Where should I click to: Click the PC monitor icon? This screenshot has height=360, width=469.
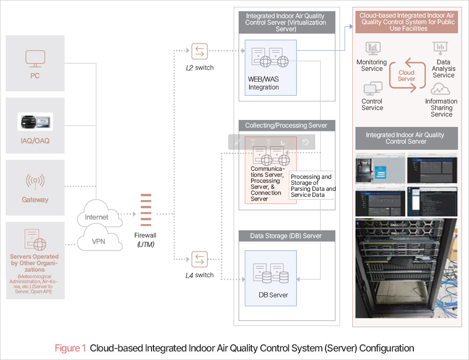[35, 58]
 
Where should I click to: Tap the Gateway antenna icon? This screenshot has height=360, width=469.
[35, 180]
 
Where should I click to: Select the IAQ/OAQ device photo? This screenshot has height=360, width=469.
[35, 122]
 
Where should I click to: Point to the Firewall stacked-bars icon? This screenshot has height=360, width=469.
[145, 210]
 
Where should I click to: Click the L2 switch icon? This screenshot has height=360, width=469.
[199, 51]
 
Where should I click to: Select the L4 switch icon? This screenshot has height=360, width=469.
[199, 259]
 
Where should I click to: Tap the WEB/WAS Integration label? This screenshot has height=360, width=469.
[263, 83]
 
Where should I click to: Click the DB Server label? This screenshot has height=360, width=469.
[273, 295]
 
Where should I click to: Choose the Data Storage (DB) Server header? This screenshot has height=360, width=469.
[286, 235]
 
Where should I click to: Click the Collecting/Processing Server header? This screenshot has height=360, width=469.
[286, 126]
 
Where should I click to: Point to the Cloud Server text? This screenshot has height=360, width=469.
[406, 76]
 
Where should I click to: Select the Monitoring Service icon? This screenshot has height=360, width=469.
[372, 48]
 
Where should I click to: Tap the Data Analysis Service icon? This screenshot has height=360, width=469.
[440, 48]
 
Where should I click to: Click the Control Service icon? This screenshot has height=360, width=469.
[372, 89]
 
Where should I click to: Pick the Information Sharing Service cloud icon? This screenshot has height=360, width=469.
[440, 89]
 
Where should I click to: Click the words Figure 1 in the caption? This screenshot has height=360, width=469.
[70, 348]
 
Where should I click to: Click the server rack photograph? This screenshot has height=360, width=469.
[406, 268]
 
